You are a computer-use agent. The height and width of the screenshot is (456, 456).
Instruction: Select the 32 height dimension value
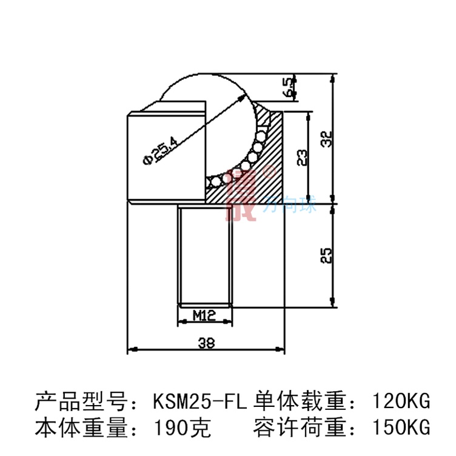(327, 139)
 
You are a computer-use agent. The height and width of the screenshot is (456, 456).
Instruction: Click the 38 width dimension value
(206, 343)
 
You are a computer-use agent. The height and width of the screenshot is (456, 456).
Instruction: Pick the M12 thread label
(205, 315)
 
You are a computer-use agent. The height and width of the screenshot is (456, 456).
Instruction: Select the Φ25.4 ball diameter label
(159, 150)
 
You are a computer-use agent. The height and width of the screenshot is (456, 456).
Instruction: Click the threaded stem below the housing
(205, 255)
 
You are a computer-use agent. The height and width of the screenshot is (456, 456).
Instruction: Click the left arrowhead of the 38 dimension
(130, 350)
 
